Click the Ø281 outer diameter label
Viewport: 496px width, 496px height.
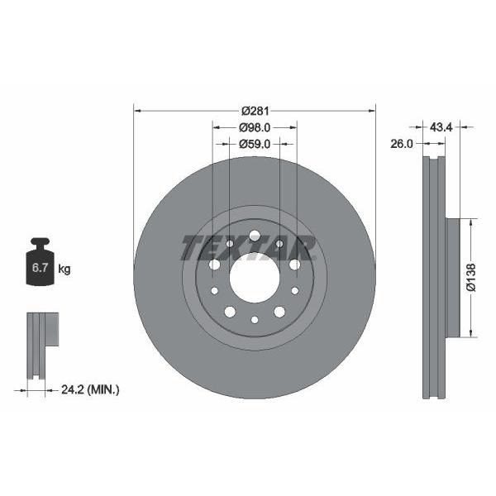click(x=255, y=111)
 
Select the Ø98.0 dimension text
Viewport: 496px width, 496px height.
click(x=255, y=127)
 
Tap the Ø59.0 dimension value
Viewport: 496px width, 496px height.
click(x=255, y=144)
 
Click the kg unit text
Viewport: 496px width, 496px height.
click(x=64, y=269)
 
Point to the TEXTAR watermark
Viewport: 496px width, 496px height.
click(x=248, y=245)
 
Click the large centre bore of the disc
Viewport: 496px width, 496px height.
click(x=254, y=276)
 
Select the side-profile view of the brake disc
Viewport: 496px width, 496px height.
click(x=438, y=277)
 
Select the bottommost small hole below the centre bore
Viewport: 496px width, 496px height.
click(x=255, y=319)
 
